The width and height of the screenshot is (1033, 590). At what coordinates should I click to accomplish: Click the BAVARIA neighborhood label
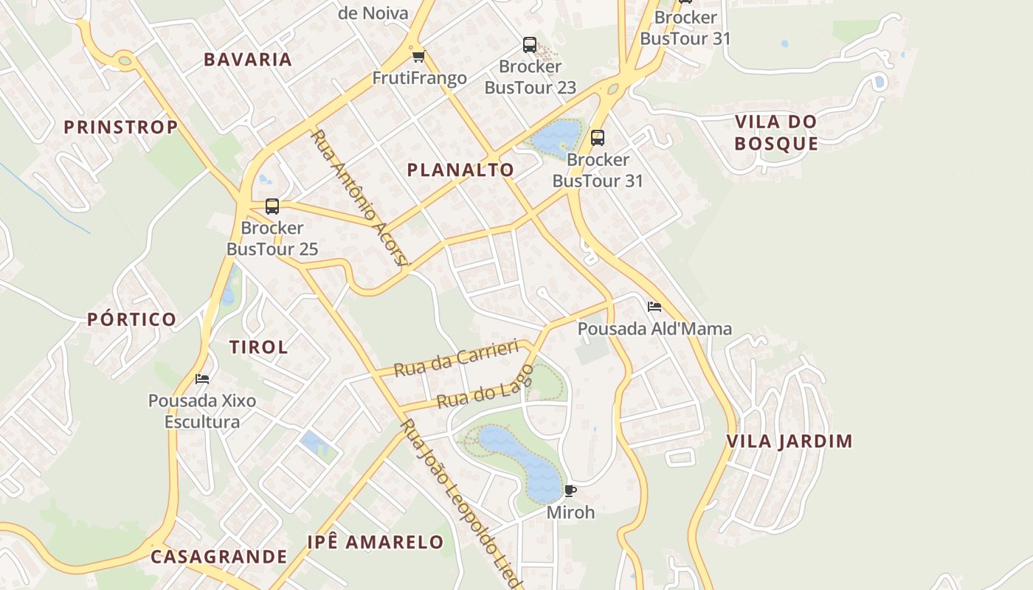(248, 60)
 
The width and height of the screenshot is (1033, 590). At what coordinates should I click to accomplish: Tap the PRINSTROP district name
(121, 127)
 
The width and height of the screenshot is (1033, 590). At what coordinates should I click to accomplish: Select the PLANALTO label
(460, 170)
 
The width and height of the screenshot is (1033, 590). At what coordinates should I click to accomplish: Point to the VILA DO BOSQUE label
(776, 133)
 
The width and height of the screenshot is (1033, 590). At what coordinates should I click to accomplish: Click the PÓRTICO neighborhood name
(132, 319)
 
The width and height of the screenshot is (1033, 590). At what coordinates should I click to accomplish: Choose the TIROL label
(258, 347)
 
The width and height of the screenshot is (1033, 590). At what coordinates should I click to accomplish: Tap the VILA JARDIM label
(790, 442)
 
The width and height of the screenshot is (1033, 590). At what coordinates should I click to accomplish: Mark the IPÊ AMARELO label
(376, 543)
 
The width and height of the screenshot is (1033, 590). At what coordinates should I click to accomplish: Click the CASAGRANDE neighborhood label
(218, 557)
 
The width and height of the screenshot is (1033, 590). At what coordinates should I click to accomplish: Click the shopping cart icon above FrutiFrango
(418, 57)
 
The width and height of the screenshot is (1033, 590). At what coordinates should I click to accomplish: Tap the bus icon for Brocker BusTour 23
(530, 45)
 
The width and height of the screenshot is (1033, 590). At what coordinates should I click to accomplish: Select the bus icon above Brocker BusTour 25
(272, 206)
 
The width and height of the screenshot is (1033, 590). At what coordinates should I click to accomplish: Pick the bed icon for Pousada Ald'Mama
(654, 307)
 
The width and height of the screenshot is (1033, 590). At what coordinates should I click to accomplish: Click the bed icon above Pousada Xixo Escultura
(202, 379)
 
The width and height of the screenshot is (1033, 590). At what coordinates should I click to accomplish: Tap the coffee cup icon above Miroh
(570, 490)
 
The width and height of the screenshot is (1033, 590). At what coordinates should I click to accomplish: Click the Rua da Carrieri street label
(456, 359)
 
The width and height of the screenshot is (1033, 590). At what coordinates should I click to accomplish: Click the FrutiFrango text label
(419, 78)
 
